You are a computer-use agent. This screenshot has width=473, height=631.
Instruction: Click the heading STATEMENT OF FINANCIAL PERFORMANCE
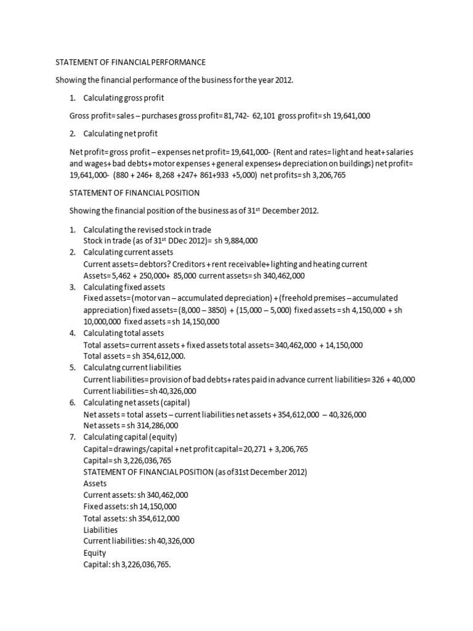[131, 62]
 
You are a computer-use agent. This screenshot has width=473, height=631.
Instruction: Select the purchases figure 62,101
[264, 116]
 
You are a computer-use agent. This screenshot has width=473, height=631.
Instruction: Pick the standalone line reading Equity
[95, 553]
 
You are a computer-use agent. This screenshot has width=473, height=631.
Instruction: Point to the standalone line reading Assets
[95, 484]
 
